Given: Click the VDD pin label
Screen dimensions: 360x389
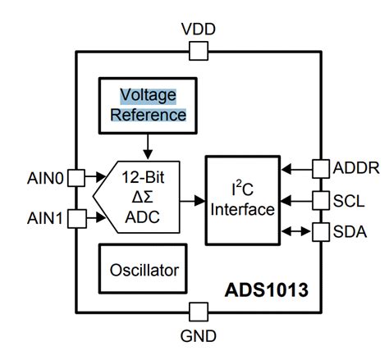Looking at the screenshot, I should (x=198, y=30).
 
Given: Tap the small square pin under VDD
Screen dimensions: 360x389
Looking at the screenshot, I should (x=198, y=52).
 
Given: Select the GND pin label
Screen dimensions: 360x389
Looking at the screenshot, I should (x=198, y=335).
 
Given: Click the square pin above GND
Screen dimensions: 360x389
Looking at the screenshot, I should (x=198, y=312).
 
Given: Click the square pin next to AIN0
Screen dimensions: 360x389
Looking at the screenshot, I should (x=76, y=177).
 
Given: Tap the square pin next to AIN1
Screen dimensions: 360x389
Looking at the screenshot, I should (x=76, y=218).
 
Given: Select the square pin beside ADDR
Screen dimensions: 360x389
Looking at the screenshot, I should (x=319, y=170).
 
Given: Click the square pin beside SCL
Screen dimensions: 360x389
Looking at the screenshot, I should (x=319, y=200).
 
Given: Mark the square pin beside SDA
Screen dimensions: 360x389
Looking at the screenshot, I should (x=319, y=230).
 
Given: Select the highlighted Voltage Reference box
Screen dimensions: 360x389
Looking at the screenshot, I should (x=153, y=105).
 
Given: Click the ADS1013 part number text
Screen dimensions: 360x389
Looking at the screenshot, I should (x=262, y=290).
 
